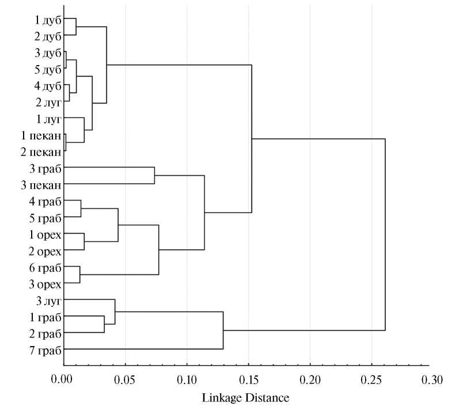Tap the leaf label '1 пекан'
coord(41,136)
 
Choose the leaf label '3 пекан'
coord(41,185)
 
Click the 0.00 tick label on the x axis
coord(63,381)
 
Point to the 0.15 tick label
coord(248,381)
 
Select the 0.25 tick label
coord(371,381)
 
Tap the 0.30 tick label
coord(433,381)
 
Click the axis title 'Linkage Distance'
coord(245,398)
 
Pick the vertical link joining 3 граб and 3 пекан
coord(154,176)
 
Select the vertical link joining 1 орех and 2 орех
coord(84,242)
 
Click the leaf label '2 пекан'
coord(41,152)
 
